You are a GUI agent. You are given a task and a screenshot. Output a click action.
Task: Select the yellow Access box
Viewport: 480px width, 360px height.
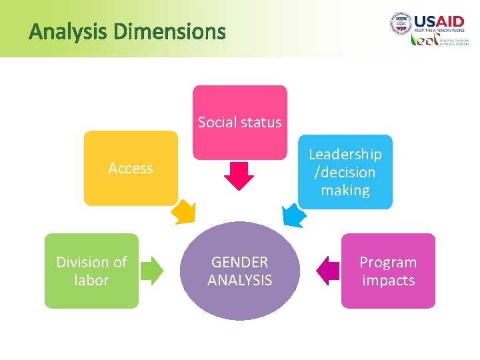[x=131, y=168]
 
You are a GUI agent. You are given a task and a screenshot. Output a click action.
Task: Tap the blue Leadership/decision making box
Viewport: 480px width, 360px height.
[x=345, y=172]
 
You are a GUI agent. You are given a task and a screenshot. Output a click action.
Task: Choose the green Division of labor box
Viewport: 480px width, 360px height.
[x=91, y=271]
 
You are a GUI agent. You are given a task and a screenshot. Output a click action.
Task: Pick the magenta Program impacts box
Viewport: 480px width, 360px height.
[x=388, y=271]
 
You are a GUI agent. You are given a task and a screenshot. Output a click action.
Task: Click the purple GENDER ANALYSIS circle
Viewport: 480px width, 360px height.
[x=239, y=271]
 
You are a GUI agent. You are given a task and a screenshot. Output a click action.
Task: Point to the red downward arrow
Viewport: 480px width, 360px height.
[x=239, y=175]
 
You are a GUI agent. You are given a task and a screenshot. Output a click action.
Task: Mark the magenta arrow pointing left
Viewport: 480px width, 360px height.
[x=327, y=270]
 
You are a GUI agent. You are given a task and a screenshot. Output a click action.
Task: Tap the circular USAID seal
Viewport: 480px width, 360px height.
[x=400, y=24]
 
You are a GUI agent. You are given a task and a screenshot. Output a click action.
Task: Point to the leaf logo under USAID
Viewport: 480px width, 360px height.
[x=424, y=41]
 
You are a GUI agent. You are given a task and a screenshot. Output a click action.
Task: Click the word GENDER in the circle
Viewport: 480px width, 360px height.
[x=240, y=262]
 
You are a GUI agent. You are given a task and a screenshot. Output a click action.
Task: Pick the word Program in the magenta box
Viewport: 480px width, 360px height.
[x=388, y=262]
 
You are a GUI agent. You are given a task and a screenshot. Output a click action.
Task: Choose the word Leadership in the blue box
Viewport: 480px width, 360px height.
[x=345, y=155]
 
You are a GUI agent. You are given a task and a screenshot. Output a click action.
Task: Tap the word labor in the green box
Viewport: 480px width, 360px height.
[x=91, y=280]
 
